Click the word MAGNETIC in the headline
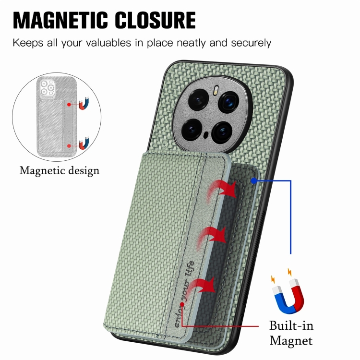coord(60,20)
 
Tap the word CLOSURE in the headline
coord(155,20)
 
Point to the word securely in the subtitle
coord(251,43)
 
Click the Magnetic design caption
coord(60,171)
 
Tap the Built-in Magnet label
coord(291,333)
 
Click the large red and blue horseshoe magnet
coord(288,296)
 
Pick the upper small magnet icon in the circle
coord(84,104)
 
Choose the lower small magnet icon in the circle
coord(84,143)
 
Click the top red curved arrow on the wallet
coord(222,190)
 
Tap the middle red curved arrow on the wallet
coord(212,238)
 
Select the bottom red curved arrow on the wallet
coord(201,287)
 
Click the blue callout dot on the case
coord(254,181)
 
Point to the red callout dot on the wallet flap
coord(182,304)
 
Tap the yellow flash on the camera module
coord(216,90)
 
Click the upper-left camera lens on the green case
coord(198,101)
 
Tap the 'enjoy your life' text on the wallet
coord(184,294)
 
